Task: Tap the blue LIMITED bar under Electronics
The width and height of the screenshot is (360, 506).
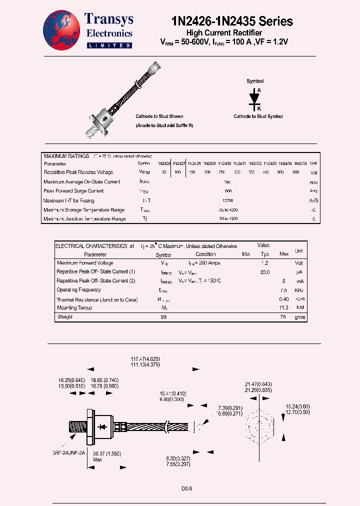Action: click(109, 45)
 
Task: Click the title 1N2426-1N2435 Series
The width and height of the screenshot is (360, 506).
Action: click(232, 21)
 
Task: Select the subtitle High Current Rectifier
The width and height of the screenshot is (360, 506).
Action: click(231, 32)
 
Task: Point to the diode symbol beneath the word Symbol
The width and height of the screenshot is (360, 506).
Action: click(255, 97)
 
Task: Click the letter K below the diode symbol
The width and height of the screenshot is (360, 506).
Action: click(259, 108)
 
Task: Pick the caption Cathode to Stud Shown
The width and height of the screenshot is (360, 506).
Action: click(159, 116)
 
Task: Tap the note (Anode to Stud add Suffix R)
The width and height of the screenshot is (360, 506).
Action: click(164, 125)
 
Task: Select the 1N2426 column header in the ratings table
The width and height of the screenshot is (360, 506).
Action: click(164, 163)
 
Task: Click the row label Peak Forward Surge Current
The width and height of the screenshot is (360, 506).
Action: click(73, 191)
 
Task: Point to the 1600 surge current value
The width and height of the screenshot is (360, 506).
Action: click(227, 191)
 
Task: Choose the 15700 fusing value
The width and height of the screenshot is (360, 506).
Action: click(227, 200)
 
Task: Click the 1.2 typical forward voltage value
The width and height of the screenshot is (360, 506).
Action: click(265, 263)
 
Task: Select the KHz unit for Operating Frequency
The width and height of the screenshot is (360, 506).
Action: click(299, 290)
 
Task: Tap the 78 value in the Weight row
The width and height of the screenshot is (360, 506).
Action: click(284, 317)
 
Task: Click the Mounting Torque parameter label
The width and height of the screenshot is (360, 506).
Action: click(74, 308)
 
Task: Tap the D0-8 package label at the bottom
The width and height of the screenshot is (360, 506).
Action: click(186, 488)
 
